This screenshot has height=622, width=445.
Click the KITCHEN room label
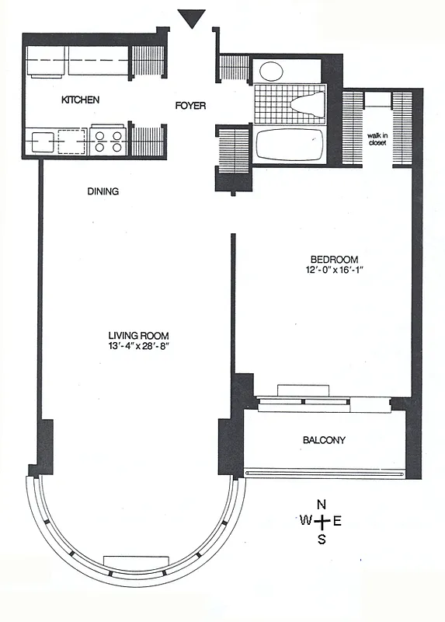pyautogui.click(x=81, y=100)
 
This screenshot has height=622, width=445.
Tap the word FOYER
pyautogui.click(x=189, y=105)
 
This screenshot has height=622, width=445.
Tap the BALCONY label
pyautogui.click(x=324, y=440)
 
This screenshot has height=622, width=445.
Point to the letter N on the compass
pyautogui.click(x=322, y=505)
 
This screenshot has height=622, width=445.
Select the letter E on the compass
pyautogui.click(x=337, y=521)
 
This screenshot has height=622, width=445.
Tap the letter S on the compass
pyautogui.click(x=322, y=539)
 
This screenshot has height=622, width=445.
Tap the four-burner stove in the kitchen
pyautogui.click(x=108, y=142)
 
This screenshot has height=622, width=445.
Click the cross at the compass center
pyautogui.click(x=322, y=521)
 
